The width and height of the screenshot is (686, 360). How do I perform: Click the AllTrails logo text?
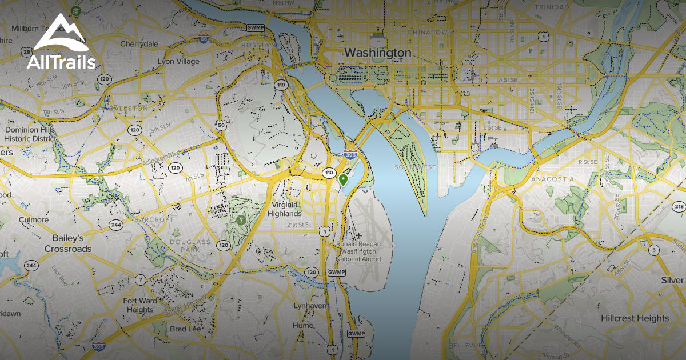(61, 62)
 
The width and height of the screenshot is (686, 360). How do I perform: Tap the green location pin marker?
(344, 179)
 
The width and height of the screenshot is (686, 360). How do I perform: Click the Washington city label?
(377, 53)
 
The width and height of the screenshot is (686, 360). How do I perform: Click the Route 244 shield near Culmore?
(116, 224)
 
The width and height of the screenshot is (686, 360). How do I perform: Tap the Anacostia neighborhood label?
(552, 179)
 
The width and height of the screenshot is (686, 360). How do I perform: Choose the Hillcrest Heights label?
(635, 318)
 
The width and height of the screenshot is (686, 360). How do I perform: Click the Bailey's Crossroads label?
(67, 243)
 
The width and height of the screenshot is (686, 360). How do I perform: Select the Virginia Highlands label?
(285, 209)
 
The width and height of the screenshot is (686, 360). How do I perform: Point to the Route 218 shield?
(679, 206)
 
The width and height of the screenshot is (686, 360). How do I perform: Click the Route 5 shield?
(653, 250)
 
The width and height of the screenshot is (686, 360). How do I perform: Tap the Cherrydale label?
(139, 43)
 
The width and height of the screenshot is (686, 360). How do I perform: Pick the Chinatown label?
(430, 32)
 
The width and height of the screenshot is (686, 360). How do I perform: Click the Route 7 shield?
(140, 279)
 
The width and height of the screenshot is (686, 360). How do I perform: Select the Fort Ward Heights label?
(140, 305)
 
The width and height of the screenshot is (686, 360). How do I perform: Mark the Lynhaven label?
(309, 306)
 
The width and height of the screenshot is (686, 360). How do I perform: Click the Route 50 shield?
(221, 125)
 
